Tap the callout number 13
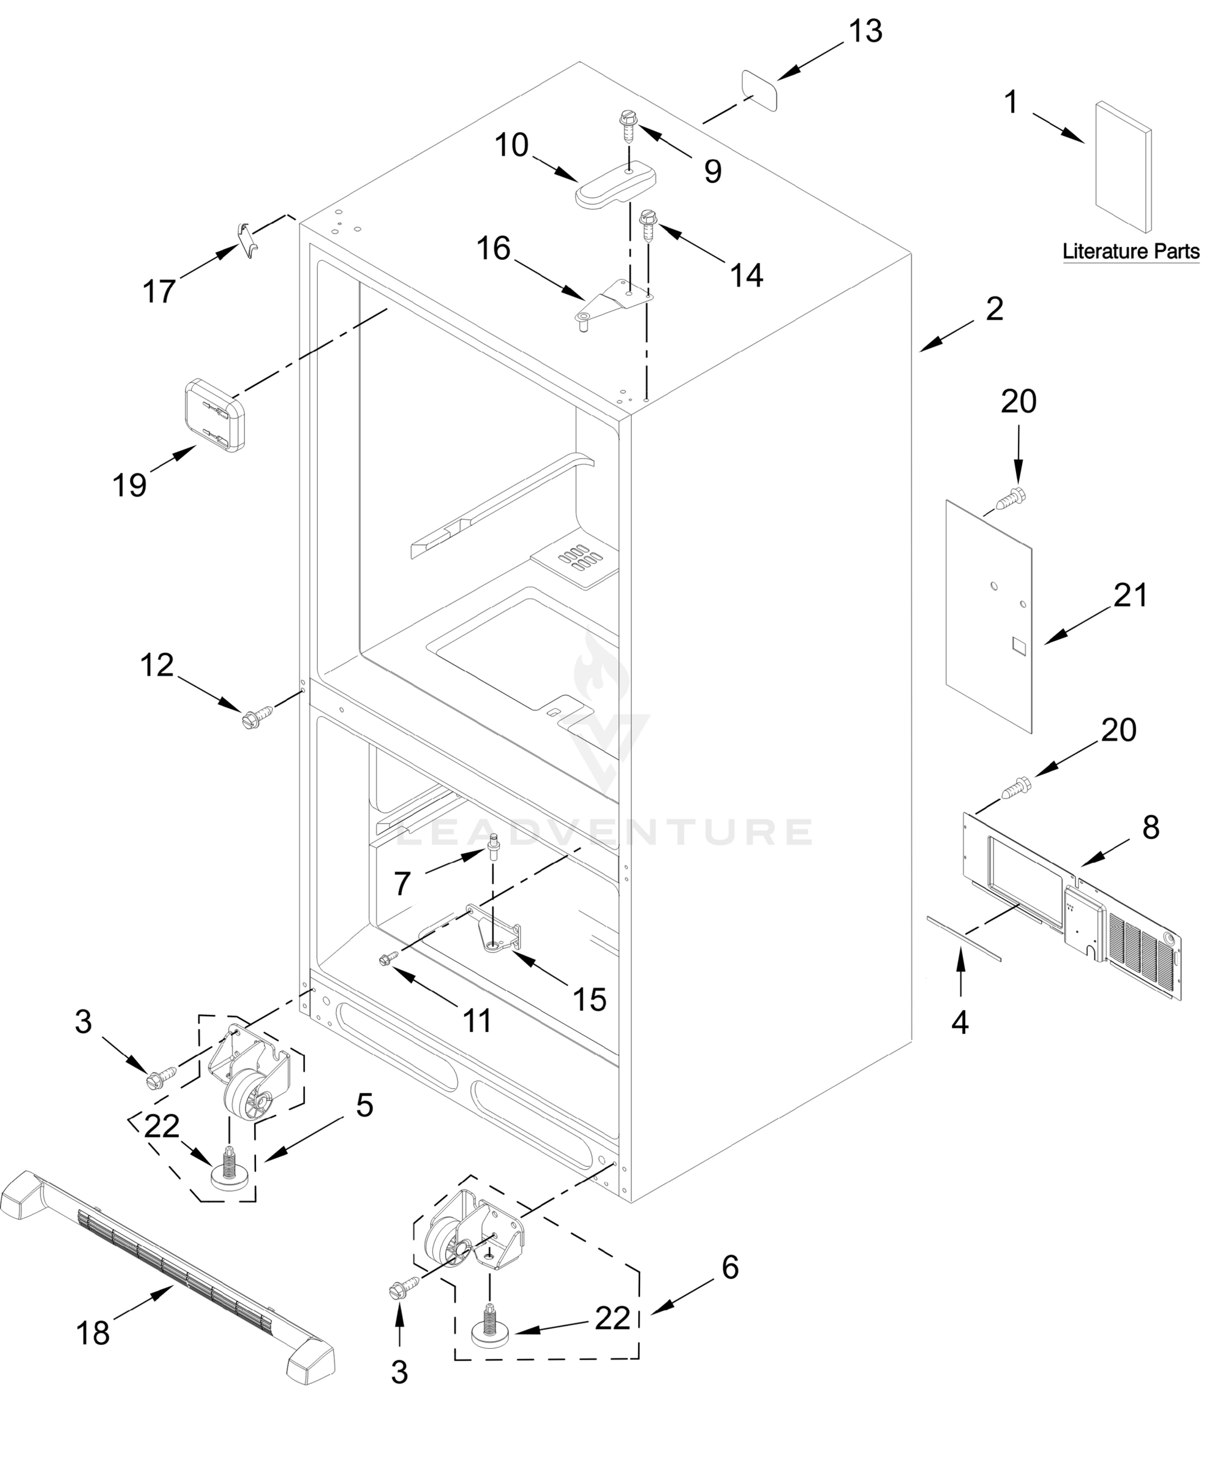tap(865, 31)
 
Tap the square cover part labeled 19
tap(214, 415)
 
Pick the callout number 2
tap(994, 309)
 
